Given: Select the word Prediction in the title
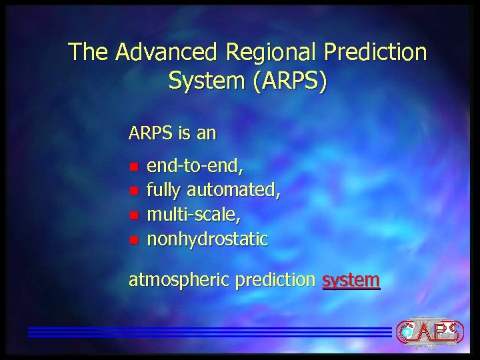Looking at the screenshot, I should click(x=375, y=52).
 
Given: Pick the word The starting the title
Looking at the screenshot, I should click(x=89, y=52).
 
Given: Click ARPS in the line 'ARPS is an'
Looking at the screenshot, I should click(x=151, y=133).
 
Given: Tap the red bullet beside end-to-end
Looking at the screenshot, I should click(x=133, y=166).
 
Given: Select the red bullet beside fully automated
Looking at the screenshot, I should click(x=133, y=191).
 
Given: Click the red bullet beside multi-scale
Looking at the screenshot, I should click(x=133, y=215).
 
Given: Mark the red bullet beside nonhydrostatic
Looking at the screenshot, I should click(x=133, y=239).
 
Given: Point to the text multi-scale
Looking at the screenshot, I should click(x=193, y=215).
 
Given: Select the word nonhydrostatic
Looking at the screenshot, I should click(x=207, y=239).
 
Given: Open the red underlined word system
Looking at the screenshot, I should click(x=351, y=281).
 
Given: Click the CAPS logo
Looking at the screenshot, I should click(x=429, y=331).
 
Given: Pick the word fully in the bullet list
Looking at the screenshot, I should click(x=163, y=191).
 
